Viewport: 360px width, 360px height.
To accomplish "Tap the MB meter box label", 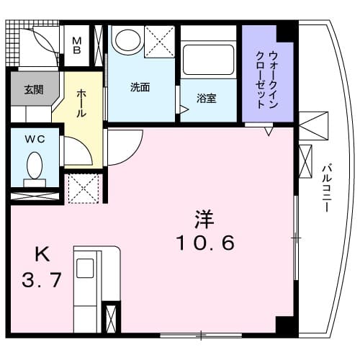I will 77,44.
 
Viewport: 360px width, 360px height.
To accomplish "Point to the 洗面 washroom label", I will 140,88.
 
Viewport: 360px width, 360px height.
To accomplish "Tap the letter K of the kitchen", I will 43,253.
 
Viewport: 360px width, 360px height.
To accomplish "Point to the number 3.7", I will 42,279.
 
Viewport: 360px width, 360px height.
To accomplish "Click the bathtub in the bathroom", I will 208,60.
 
